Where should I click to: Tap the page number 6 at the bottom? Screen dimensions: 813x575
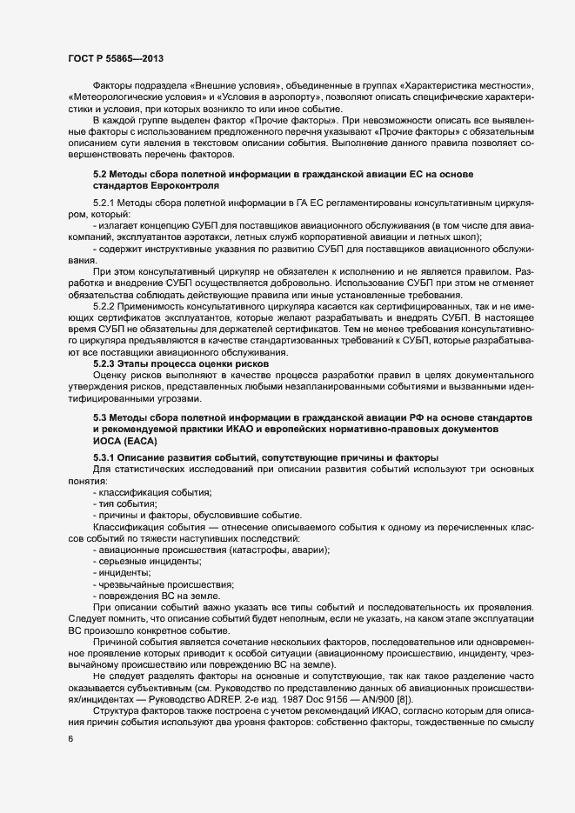[70, 739]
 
